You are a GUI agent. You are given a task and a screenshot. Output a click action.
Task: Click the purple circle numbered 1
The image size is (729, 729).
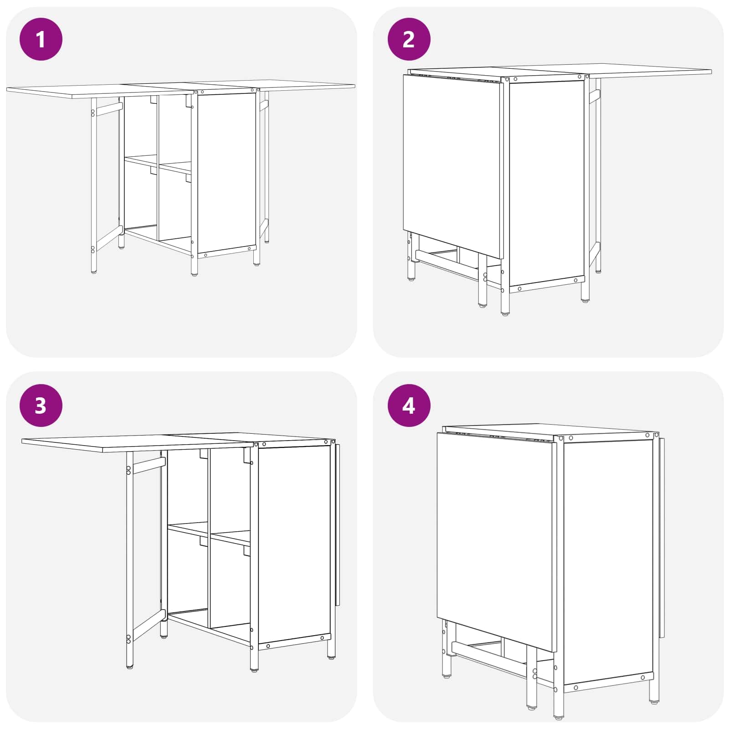click(41, 39)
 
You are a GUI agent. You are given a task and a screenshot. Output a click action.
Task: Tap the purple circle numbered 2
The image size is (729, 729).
click(409, 39)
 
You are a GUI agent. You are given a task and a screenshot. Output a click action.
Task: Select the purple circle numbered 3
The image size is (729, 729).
click(41, 406)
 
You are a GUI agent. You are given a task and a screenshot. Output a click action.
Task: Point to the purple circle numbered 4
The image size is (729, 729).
click(409, 406)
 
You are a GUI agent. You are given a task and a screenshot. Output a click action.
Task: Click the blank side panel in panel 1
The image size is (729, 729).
click(226, 173)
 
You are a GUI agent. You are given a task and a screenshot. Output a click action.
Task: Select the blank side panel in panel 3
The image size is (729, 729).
click(294, 544)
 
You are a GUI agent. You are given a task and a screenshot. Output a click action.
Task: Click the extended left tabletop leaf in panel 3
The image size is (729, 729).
click(137, 442)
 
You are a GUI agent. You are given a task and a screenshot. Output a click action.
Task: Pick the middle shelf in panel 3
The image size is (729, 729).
click(209, 534)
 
